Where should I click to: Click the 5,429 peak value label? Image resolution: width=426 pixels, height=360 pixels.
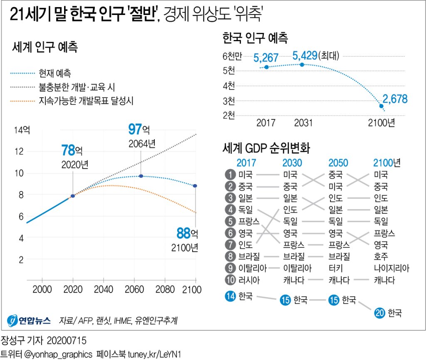tap(305, 55)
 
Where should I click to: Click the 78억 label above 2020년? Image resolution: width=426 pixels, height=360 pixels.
tap(74, 150)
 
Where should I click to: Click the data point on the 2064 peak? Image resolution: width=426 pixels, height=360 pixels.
tap(141, 176)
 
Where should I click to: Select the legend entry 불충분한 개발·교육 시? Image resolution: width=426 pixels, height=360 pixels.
tap(77, 87)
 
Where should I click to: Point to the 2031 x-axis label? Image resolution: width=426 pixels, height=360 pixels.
tap(303, 123)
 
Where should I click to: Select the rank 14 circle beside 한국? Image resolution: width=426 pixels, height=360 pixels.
tap(230, 296)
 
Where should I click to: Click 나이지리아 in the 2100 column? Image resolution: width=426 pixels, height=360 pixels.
tap(391, 268)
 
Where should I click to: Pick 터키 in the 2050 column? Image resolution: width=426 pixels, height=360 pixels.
tap(335, 268)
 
